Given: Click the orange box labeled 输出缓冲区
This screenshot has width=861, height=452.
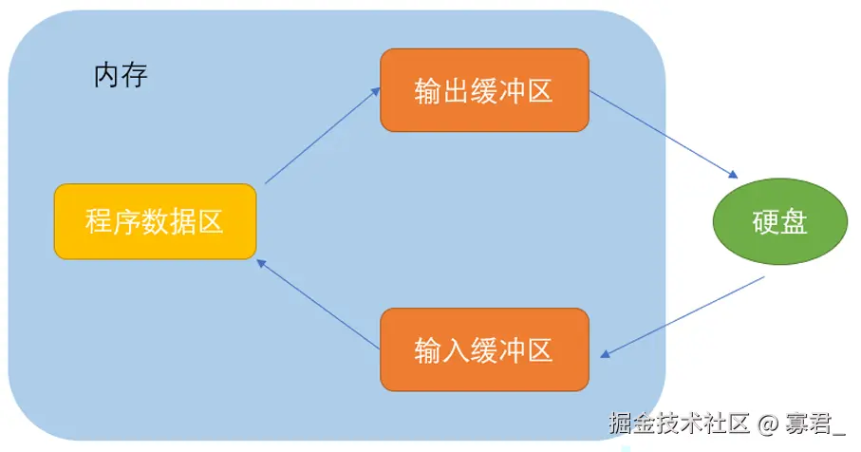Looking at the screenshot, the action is click(484, 90).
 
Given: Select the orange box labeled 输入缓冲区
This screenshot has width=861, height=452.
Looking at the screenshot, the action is click(484, 349).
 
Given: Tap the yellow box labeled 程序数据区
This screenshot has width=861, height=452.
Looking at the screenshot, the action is click(155, 222).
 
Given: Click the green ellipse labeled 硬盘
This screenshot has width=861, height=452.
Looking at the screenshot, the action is click(779, 222).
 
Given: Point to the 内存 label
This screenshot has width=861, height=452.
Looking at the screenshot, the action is click(121, 75).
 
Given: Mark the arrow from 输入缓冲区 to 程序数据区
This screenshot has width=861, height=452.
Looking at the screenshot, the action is click(318, 303).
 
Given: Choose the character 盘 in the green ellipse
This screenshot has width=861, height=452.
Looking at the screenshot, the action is click(794, 222).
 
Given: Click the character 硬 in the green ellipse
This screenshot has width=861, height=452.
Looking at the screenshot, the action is click(766, 222).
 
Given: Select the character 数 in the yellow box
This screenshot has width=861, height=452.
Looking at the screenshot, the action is click(155, 222).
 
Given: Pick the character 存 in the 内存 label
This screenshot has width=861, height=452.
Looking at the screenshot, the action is click(135, 75).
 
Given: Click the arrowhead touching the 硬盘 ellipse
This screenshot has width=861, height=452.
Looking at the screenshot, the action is click(733, 175).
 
